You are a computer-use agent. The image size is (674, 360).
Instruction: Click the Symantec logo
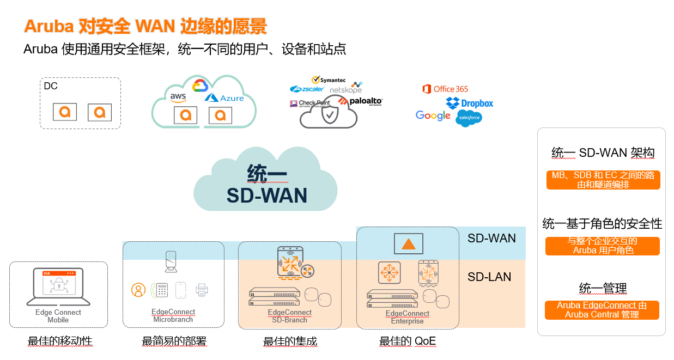(329, 80)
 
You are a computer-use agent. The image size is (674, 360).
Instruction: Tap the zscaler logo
(307, 89)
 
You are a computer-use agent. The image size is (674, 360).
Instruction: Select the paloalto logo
(360, 101)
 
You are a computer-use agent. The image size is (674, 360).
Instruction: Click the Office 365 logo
(445, 89)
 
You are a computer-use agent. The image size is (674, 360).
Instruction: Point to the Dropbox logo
(469, 103)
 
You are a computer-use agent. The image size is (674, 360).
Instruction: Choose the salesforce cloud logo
(469, 118)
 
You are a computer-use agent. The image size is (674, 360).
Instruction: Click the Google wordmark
(433, 115)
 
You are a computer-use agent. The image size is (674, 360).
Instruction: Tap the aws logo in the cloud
(178, 97)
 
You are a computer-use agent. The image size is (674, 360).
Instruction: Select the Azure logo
(224, 98)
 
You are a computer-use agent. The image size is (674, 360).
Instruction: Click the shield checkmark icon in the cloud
(329, 115)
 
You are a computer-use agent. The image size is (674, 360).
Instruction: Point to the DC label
(51, 86)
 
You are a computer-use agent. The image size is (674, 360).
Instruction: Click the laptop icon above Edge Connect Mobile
(58, 286)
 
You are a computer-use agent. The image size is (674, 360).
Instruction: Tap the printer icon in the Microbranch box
(202, 290)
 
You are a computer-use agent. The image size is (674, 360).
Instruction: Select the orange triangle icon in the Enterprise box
(408, 243)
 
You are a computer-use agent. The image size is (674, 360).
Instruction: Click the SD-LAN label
(489, 277)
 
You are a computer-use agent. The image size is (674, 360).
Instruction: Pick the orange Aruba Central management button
(602, 310)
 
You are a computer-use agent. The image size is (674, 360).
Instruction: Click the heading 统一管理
(603, 288)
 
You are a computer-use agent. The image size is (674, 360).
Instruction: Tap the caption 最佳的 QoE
(408, 341)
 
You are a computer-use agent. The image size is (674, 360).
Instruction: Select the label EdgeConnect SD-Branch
(290, 316)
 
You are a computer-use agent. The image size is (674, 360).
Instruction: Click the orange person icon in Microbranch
(138, 290)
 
